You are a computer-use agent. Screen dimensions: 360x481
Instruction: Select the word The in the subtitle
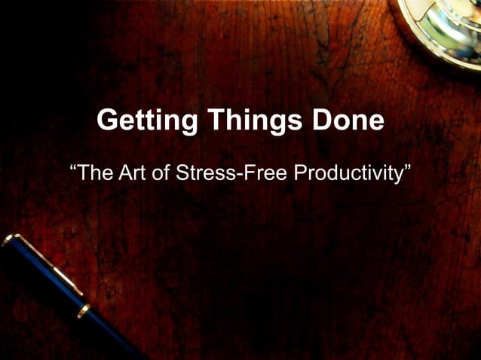click(96, 173)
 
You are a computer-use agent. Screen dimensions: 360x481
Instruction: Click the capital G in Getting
click(109, 121)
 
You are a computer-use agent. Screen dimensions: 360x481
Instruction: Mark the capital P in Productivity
click(299, 173)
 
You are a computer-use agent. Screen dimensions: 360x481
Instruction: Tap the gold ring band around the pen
click(84, 310)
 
